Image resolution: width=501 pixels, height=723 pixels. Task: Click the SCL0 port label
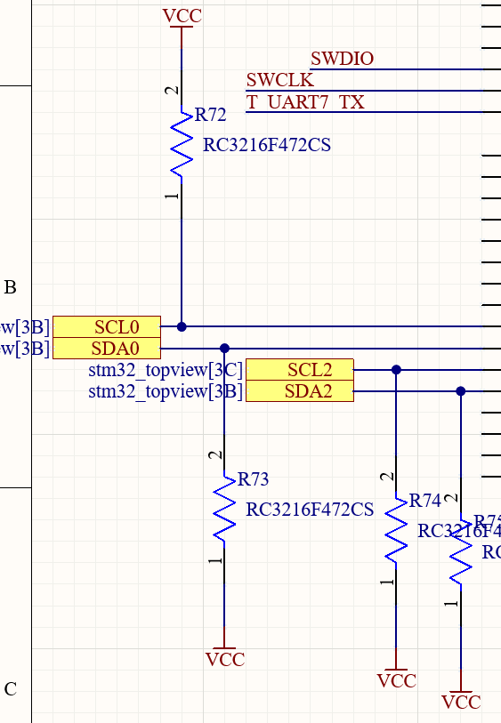[x=107, y=326]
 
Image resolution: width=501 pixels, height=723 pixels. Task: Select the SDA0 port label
[x=107, y=348]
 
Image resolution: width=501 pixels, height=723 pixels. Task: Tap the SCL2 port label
[x=300, y=369]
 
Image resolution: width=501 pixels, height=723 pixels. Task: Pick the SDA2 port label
[x=300, y=390]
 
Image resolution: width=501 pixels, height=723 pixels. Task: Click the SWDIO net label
[x=342, y=60]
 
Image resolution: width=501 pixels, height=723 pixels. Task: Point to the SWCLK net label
[x=279, y=81]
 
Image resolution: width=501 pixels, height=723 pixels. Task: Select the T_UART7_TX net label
[x=305, y=102]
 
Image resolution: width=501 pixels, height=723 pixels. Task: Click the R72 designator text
[x=211, y=115]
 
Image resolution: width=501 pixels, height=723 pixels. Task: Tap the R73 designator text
[x=254, y=480]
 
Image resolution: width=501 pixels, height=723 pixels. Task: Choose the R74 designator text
[x=425, y=502]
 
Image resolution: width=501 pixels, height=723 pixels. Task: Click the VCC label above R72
[x=182, y=16]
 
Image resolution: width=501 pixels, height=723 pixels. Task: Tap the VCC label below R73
[x=224, y=660]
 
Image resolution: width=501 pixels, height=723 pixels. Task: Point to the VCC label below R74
[x=396, y=681]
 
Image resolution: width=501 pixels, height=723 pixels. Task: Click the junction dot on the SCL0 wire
[x=182, y=326]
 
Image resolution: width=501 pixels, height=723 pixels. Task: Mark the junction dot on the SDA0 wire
[x=224, y=348]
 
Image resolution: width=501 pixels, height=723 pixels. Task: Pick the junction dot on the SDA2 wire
[x=460, y=390]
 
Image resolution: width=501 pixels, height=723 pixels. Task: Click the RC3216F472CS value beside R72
[x=267, y=145]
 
